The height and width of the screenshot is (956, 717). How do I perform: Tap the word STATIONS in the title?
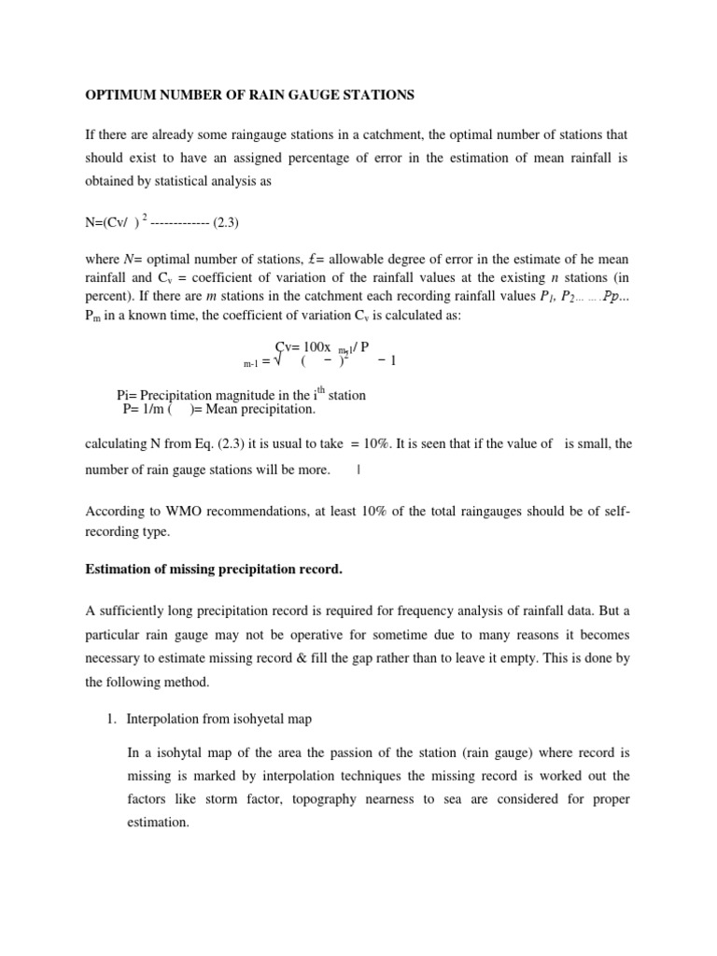[x=376, y=95]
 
